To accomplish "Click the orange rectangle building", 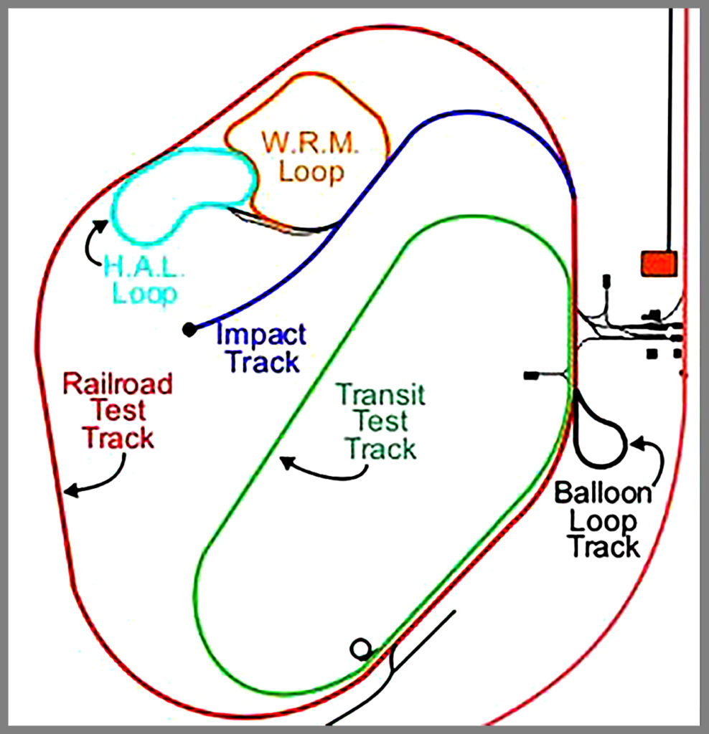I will (x=659, y=262).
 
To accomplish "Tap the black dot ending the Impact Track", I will (x=189, y=329).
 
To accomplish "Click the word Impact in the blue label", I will (x=261, y=335).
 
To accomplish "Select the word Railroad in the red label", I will (x=118, y=384).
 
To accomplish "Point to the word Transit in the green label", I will (x=381, y=394).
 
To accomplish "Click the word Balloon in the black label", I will (x=603, y=495).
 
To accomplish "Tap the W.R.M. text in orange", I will (x=309, y=143).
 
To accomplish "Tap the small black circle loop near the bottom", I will (x=361, y=649).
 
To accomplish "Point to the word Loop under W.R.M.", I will (x=311, y=172).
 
